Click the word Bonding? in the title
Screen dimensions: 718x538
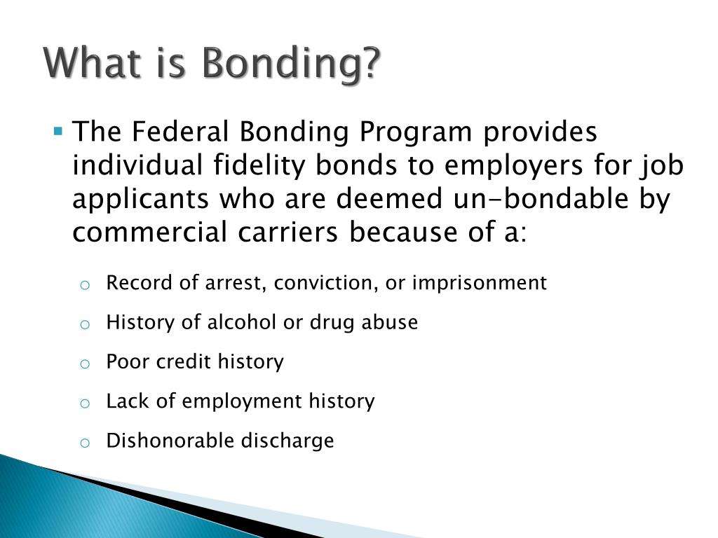click(291, 64)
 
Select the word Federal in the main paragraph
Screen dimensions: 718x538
click(180, 131)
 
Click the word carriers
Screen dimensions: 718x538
click(287, 232)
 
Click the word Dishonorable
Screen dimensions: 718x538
click(170, 441)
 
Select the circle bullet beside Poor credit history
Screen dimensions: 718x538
click(85, 364)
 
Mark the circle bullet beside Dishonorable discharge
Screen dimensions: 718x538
click(85, 443)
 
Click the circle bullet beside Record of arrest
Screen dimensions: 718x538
click(85, 286)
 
